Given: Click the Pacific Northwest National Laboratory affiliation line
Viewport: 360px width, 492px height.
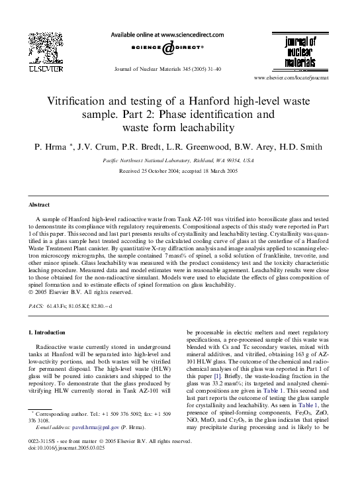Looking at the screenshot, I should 179,160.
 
